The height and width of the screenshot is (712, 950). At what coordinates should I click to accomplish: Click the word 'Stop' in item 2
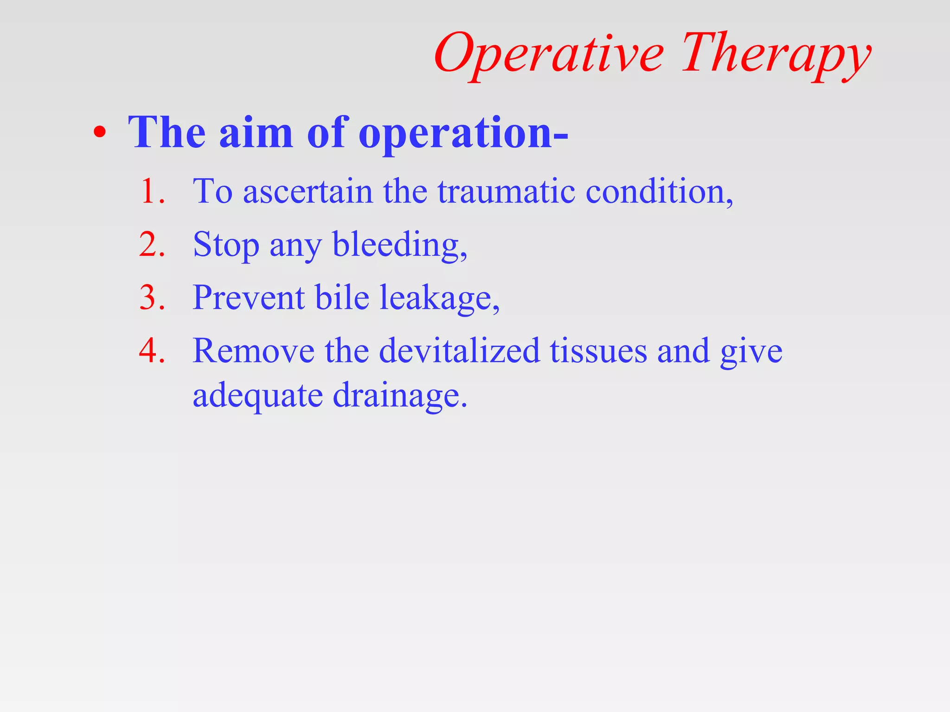coord(226,245)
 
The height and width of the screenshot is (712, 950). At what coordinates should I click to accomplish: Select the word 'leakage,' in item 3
coord(440,298)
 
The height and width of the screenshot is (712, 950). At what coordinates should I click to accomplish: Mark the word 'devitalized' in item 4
coord(459,350)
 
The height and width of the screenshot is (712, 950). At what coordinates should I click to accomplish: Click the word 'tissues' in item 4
coord(598,350)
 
